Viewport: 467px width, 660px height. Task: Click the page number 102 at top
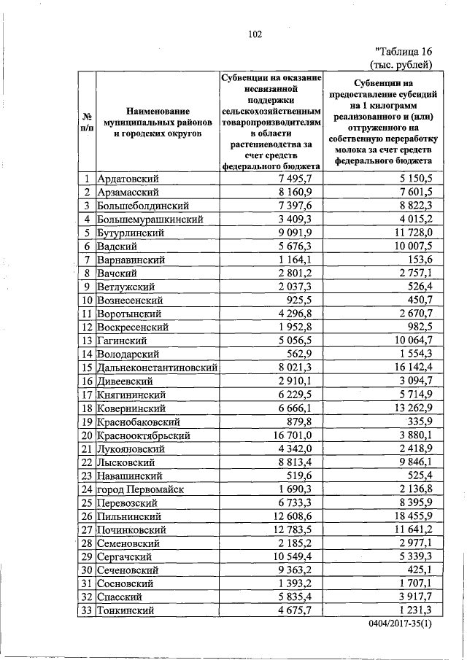click(x=254, y=34)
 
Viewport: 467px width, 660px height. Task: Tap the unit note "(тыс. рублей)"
click(x=403, y=64)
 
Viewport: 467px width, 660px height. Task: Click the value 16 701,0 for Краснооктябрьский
click(x=292, y=435)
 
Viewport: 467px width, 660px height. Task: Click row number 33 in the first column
click(x=86, y=610)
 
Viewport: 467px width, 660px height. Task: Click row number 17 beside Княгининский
click(x=86, y=395)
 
